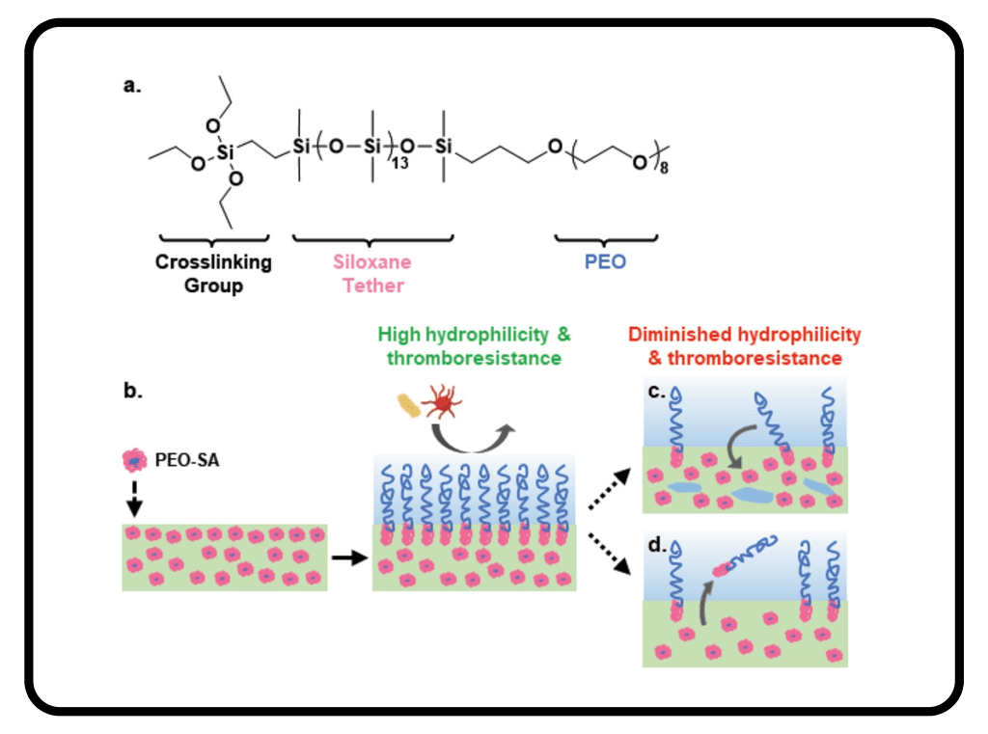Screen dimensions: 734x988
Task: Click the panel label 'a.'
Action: pos(132,86)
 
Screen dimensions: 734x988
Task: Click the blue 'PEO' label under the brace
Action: pos(606,261)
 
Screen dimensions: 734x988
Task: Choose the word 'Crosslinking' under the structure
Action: pos(213,261)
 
